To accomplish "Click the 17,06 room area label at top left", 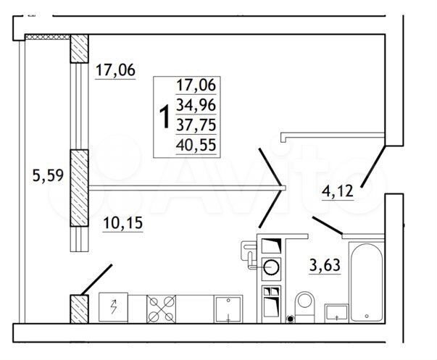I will tap(116, 71).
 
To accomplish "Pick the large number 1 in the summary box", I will tap(165, 115).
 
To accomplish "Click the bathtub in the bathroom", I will tap(368, 282).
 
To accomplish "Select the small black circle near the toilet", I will tap(290, 317).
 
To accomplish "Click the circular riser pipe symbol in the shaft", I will tap(271, 266).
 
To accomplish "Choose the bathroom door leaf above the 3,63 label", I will tap(327, 225).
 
